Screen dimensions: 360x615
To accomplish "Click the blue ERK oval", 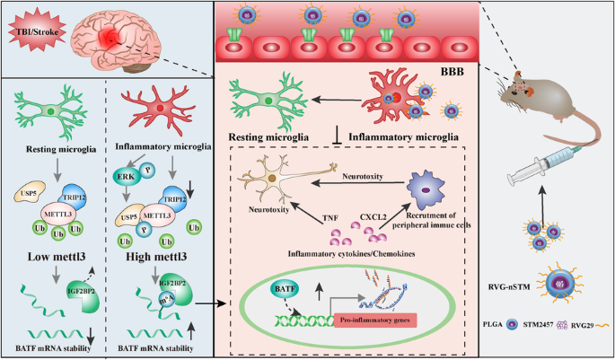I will click(x=127, y=180).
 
